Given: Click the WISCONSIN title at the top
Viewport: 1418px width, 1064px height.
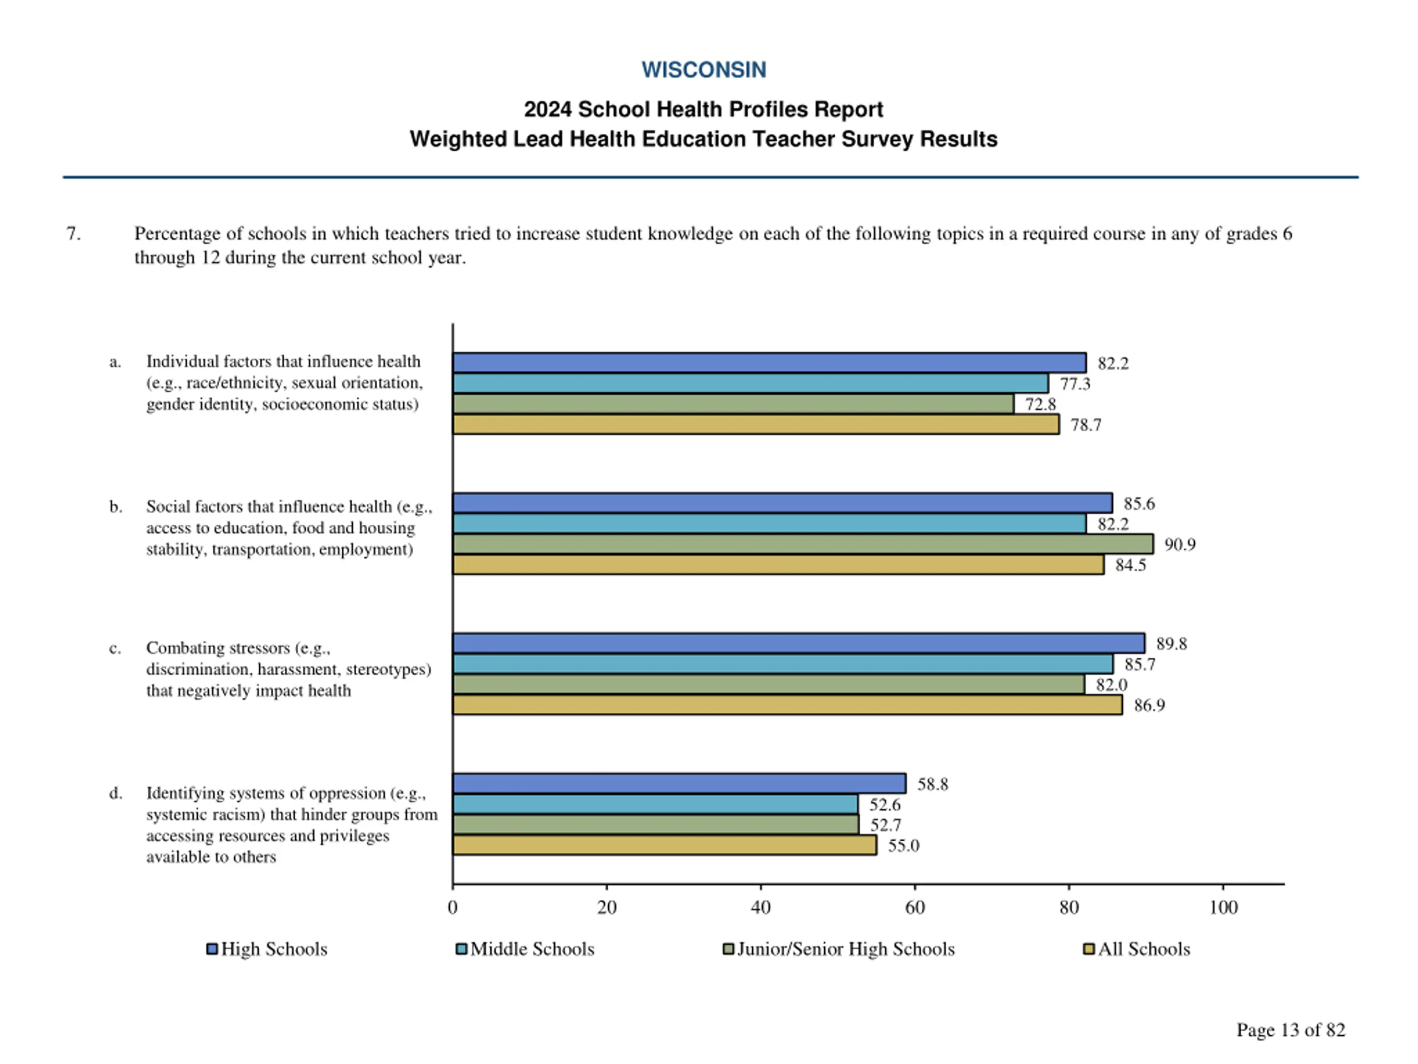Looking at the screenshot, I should (703, 70).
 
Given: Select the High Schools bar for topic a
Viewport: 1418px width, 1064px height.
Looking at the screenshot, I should (769, 363).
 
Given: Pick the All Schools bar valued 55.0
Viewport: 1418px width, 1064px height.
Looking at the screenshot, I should (664, 845).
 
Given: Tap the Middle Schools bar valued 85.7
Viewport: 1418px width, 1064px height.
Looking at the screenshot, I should (782, 664).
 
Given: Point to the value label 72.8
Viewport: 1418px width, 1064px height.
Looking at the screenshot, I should (1040, 405).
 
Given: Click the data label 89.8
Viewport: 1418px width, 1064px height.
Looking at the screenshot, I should (1171, 644).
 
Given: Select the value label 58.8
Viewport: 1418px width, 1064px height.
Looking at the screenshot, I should (932, 784).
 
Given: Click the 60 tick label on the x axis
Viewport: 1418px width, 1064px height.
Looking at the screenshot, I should (915, 908).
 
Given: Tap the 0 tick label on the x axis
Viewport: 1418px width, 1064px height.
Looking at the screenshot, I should (453, 908).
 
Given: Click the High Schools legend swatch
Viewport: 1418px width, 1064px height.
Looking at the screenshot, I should (212, 949).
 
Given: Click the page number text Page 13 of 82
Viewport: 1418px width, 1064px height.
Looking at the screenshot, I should (1291, 1030).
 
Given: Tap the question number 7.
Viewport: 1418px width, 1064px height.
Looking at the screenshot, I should (74, 233).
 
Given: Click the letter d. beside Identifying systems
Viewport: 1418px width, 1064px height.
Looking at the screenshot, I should (115, 794).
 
